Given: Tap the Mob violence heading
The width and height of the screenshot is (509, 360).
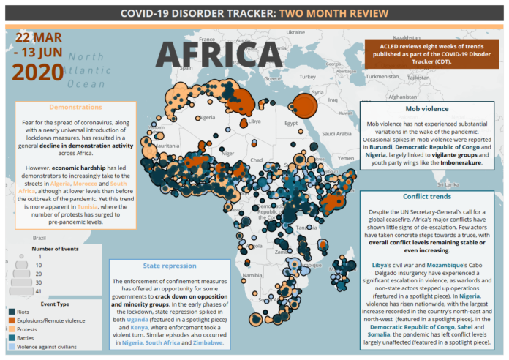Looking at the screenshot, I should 430,108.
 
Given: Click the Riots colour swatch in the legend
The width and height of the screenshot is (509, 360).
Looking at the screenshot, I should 13,312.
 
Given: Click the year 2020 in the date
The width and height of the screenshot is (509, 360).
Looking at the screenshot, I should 38,72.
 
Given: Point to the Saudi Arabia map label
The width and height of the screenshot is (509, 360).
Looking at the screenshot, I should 336,135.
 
